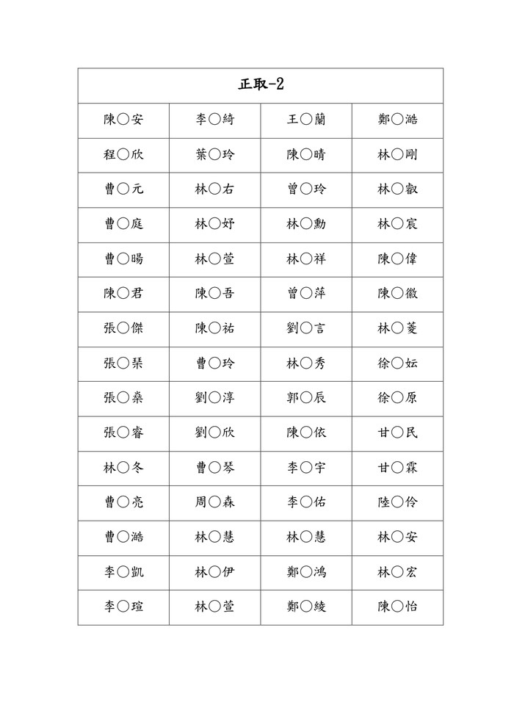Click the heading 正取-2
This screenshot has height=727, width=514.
click(x=261, y=84)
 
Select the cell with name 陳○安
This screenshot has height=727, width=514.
click(x=123, y=120)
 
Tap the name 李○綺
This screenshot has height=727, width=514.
click(x=214, y=120)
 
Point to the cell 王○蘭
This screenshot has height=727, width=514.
click(x=305, y=120)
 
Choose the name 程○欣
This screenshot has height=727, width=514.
click(x=123, y=154)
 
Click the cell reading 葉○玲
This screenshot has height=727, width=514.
click(x=214, y=154)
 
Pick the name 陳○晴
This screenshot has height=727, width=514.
click(x=305, y=154)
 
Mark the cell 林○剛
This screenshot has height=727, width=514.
click(x=397, y=154)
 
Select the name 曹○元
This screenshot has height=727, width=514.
click(x=123, y=189)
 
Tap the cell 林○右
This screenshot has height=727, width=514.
click(x=214, y=189)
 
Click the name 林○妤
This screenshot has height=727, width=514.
click(x=214, y=224)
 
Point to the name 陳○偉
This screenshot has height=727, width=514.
click(x=397, y=258)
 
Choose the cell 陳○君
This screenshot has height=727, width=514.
click(x=123, y=294)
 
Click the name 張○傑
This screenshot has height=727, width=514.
click(x=123, y=328)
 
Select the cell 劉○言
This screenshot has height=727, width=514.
click(x=305, y=328)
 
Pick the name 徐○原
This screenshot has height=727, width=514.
click(x=397, y=398)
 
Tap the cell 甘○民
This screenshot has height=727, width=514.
click(x=397, y=433)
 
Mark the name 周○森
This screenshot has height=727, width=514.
click(x=214, y=502)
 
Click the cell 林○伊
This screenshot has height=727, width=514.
click(x=214, y=572)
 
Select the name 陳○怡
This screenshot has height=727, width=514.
click(x=397, y=607)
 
